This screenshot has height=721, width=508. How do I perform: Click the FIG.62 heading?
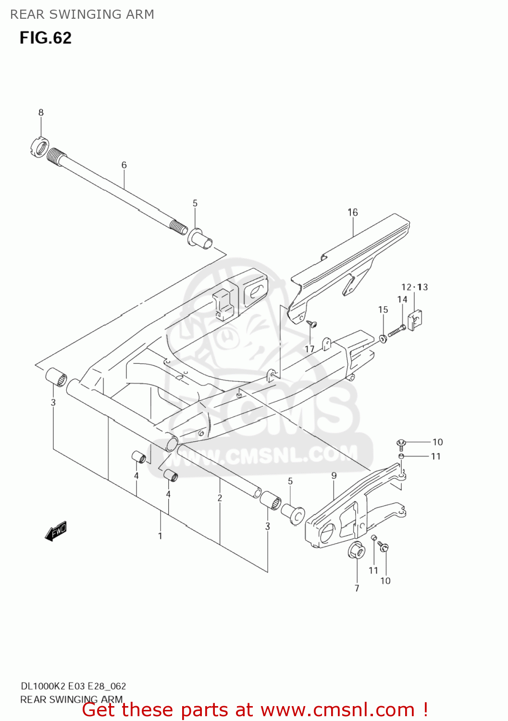(x=46, y=38)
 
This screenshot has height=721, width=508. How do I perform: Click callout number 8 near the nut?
(x=41, y=112)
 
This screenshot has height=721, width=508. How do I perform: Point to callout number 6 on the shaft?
(x=124, y=165)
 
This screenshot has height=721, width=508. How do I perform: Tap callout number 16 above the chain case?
(x=353, y=212)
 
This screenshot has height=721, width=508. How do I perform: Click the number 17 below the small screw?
(x=310, y=349)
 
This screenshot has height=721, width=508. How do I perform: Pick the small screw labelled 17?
(x=312, y=324)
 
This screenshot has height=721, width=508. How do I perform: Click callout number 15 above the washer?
(x=383, y=310)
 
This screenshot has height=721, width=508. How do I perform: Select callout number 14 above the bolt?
(x=402, y=299)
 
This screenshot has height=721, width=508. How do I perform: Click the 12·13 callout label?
(x=415, y=287)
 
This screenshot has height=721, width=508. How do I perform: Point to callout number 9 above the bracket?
(x=334, y=476)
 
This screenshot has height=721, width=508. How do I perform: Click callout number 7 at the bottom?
(x=357, y=588)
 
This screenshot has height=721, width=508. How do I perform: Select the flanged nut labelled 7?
(x=356, y=551)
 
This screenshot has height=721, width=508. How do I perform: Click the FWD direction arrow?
(x=56, y=532)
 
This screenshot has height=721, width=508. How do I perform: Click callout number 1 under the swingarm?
(x=160, y=536)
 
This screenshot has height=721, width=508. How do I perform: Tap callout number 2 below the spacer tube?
(x=220, y=498)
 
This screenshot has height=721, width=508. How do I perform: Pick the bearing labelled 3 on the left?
(x=56, y=376)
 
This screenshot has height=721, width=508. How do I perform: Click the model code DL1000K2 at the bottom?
(x=43, y=686)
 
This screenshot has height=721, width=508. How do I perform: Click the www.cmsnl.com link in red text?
(x=337, y=710)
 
